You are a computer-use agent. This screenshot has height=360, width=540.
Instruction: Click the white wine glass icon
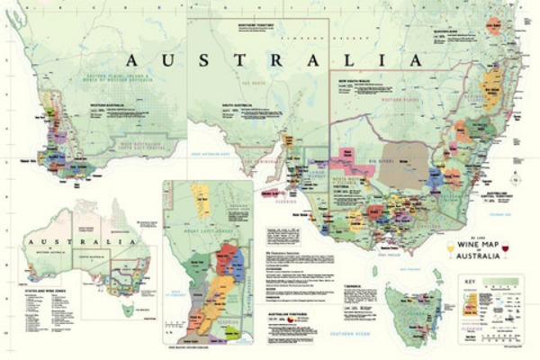(x=451, y=251)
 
